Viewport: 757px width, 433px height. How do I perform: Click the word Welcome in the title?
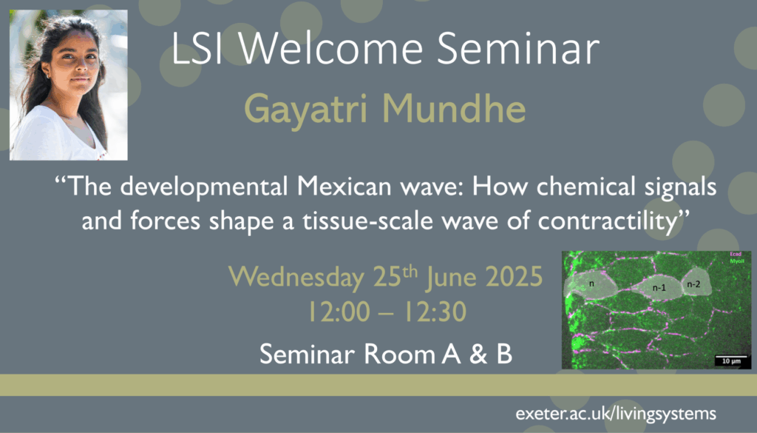[330, 48]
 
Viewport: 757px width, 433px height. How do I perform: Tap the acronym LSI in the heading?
[197, 48]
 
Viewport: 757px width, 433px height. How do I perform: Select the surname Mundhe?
[454, 108]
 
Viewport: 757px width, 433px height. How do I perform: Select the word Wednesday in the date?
[296, 278]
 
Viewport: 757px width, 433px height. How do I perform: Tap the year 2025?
[515, 276]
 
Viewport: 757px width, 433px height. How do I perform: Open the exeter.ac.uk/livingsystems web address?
[616, 414]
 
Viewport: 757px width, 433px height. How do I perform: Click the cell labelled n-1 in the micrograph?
[659, 288]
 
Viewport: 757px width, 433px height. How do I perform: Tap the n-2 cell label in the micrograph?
[693, 284]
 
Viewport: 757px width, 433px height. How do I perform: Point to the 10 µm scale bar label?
[731, 361]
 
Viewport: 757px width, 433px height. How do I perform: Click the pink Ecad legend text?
[736, 254]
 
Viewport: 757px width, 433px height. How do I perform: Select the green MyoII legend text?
[737, 261]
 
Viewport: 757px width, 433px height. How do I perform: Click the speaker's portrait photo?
[69, 85]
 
